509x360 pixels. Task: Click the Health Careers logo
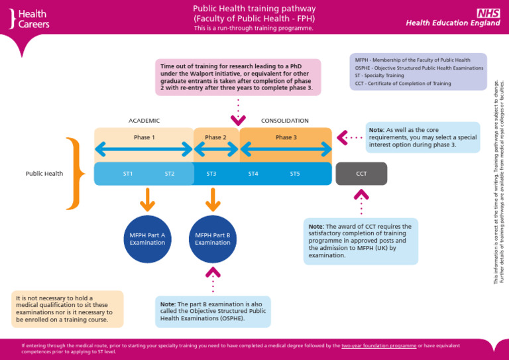30,19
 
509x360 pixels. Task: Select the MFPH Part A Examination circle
147,239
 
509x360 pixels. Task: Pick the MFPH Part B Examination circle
213,239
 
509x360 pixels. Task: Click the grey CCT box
361,174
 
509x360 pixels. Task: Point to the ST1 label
128,174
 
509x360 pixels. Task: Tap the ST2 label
170,174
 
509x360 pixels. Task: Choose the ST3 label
211,174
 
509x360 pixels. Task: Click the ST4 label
253,174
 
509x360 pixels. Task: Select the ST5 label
295,174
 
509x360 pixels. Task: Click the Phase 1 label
144,137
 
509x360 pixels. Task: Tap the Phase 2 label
215,137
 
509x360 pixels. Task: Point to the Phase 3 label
286,137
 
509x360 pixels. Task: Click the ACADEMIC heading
144,121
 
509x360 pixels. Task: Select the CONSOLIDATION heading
285,121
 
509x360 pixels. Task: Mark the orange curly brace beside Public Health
76,173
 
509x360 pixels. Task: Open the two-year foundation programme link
378,345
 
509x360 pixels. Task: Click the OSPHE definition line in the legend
419,68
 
